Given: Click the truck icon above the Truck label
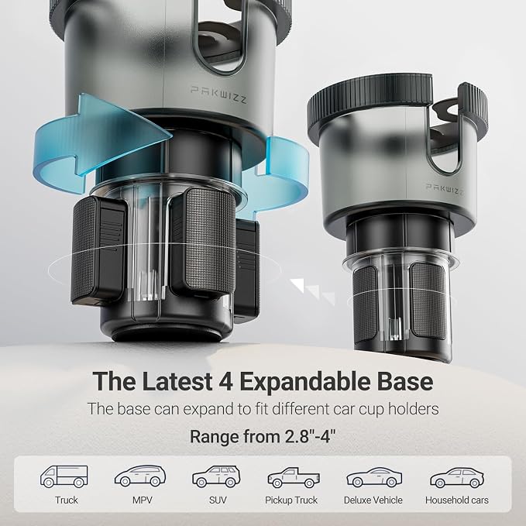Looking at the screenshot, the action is pos(64,476).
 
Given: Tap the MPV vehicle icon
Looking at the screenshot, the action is pos(140,476).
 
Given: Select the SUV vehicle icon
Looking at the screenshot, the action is pos(216,476).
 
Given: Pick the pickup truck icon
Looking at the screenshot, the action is pos(294,477).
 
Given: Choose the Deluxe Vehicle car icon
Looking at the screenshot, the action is pos(374,477).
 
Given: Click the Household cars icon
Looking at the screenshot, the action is pos(457,477).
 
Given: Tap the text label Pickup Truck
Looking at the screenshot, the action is pos(291,500).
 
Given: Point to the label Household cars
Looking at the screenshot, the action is pos(457,500).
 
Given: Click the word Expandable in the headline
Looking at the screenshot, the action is pos(304,382).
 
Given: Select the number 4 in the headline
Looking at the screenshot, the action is pos(225,382).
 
